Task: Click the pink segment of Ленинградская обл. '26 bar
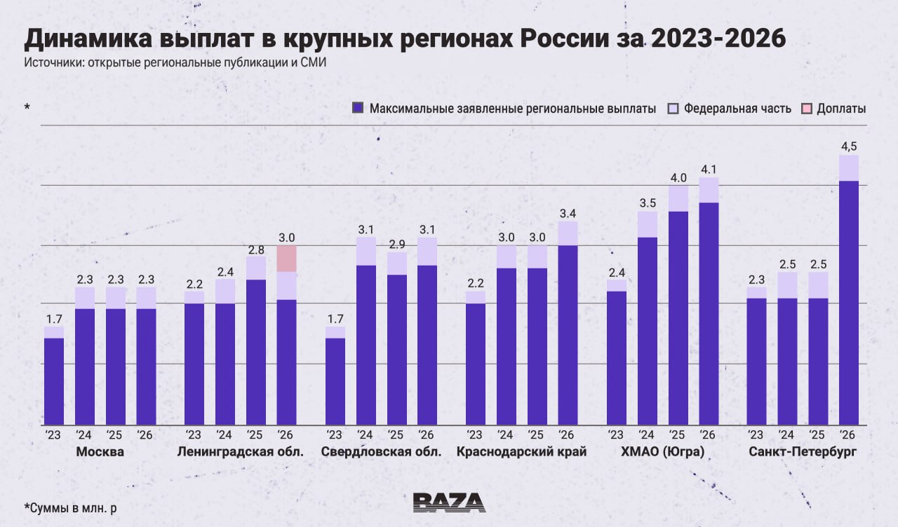tap(287, 259)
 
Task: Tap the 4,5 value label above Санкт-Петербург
tap(849, 146)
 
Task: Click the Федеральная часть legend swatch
tap(673, 109)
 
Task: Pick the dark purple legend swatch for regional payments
tap(358, 108)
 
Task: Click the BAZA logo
tap(450, 502)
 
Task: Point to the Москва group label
tap(100, 452)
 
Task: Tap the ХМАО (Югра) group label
tap(663, 452)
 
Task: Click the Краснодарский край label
tap(521, 452)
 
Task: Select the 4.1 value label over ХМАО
tap(709, 170)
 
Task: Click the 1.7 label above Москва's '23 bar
tap(54, 319)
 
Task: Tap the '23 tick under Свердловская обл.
tap(334, 435)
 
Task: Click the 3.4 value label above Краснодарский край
tap(568, 214)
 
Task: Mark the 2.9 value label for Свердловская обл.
tap(397, 245)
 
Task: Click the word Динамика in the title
tap(88, 39)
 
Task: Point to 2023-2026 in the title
tap(718, 39)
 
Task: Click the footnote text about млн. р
tap(71, 508)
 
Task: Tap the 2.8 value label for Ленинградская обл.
tap(256, 250)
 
